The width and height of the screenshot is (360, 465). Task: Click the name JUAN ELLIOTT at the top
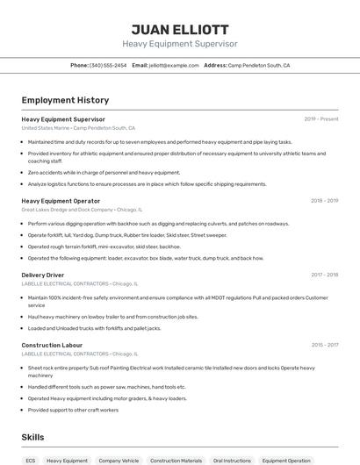pos(179,29)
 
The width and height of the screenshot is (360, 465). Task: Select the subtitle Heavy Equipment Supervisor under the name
pos(179,44)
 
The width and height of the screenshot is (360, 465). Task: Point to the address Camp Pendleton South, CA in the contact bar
pos(259,65)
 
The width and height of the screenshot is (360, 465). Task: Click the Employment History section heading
pos(65,100)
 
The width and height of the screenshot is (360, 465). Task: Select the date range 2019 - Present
pos(320,118)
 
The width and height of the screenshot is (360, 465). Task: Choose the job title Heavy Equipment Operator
pos(62,200)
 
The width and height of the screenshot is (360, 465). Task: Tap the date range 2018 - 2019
pos(324,200)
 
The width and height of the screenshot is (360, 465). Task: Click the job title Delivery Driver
pos(42,275)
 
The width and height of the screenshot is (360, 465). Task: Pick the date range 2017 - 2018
pos(324,275)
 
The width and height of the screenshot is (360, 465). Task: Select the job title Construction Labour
pos(52,345)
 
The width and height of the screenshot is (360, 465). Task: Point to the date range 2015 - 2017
pos(324,345)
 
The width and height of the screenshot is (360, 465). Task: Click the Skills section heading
pos(32,436)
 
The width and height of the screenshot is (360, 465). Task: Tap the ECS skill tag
pos(31,460)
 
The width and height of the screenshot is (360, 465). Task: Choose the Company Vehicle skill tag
pos(119,460)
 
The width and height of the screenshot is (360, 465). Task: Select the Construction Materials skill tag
pos(176,460)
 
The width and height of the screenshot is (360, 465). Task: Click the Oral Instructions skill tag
pos(232,460)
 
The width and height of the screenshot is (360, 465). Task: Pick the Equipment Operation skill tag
pos(286,460)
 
